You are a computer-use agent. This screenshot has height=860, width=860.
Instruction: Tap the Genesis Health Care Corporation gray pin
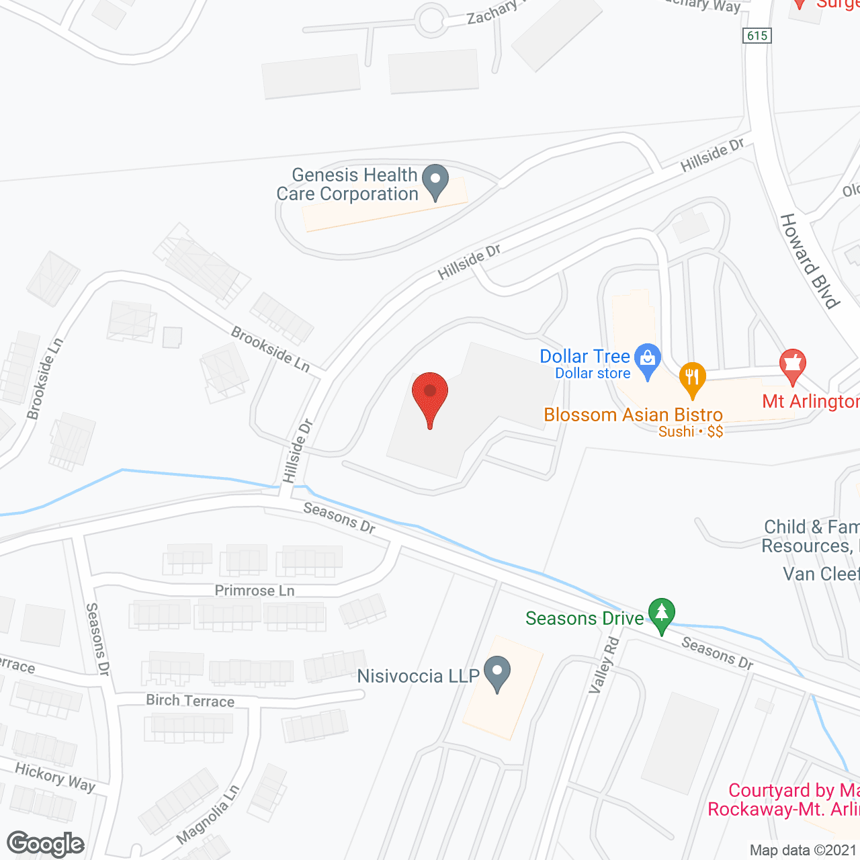point(437,181)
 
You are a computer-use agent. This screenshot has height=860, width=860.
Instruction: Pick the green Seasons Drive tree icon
point(662,614)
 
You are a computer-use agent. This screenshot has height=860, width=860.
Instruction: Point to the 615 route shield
point(757,35)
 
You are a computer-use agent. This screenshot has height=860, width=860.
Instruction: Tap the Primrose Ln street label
point(255,591)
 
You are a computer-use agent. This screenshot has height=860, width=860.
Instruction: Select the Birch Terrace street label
point(190,701)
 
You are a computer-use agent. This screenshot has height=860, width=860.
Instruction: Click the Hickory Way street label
point(55,777)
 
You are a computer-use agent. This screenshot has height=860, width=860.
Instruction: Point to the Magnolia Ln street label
point(208,814)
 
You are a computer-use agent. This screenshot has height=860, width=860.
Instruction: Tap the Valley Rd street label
point(604,665)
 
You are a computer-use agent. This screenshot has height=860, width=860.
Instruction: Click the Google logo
point(46,844)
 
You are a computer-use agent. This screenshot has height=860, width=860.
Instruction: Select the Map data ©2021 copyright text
point(804,851)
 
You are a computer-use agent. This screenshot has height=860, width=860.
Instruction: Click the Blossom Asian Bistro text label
point(633,415)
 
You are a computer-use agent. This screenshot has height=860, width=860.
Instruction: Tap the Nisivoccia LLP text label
point(418,676)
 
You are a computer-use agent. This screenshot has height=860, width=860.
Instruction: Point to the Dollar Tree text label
point(585,356)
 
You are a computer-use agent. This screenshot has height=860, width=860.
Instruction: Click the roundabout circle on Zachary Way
point(431,20)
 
